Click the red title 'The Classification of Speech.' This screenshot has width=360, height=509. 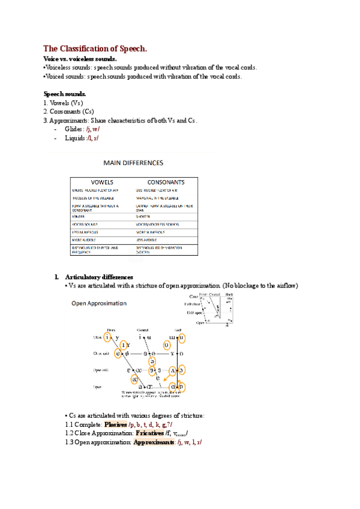[x=95, y=48]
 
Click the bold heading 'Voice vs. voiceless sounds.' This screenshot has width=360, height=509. [x=80, y=59]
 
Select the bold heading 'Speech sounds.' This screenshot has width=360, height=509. [x=65, y=94]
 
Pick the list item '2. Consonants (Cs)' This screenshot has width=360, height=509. [x=68, y=112]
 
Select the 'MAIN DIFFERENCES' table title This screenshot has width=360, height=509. [x=133, y=163]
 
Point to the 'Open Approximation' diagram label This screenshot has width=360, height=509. [x=99, y=303]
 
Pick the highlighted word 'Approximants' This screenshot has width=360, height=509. [x=154, y=442]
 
